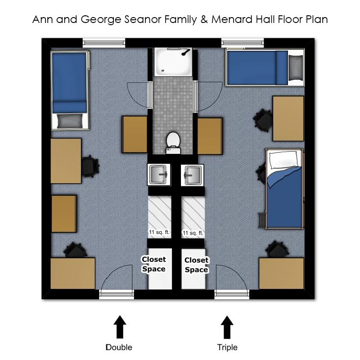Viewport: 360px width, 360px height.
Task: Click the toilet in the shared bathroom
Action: tap(173, 143)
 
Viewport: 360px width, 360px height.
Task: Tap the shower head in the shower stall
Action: tap(185, 53)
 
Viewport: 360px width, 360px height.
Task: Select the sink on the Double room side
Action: tap(158, 175)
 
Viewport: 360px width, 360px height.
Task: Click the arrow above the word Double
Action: tap(120, 327)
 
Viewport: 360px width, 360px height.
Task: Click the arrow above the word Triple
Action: tap(227, 327)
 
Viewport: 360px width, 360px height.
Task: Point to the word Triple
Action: tap(227, 347)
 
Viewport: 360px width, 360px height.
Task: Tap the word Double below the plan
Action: tap(119, 347)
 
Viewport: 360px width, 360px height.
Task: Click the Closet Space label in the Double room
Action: tap(153, 264)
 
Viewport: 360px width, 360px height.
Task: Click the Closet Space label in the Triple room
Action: tap(197, 265)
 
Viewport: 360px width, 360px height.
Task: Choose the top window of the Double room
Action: tap(104, 43)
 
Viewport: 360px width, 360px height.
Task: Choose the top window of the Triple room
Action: tap(243, 43)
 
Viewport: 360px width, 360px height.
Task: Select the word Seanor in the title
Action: tap(143, 19)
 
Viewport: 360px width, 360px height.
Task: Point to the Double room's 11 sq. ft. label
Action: tap(159, 232)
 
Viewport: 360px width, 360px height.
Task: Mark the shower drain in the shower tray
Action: tap(163, 71)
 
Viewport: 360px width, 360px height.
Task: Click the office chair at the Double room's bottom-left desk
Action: tap(75, 250)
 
